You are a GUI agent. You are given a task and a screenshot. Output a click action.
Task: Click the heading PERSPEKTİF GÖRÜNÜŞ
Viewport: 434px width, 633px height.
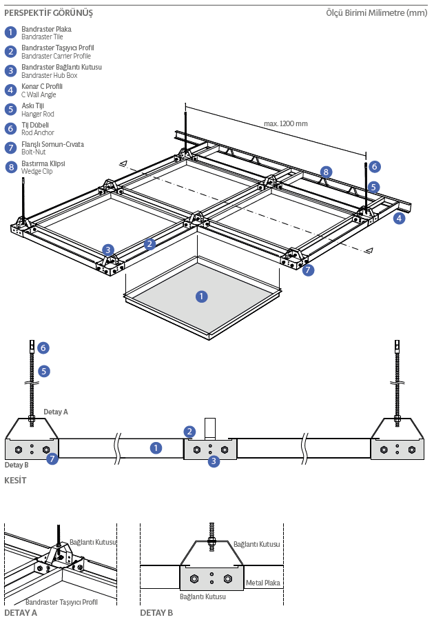click(48, 13)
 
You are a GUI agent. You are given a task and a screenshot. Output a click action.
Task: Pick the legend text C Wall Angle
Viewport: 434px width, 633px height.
click(39, 94)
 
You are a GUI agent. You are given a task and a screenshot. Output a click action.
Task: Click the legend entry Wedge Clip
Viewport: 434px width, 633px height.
click(37, 171)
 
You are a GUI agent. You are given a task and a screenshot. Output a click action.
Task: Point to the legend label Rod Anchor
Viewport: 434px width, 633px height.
click(37, 132)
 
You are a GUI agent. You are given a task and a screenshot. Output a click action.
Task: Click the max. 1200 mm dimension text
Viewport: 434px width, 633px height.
click(285, 124)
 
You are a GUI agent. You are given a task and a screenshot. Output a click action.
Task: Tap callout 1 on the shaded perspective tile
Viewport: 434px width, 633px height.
click(201, 297)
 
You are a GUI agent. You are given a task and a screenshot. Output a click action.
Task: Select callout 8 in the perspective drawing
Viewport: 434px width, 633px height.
click(326, 172)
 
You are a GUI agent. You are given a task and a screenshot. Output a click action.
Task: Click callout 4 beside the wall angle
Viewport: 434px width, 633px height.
click(399, 219)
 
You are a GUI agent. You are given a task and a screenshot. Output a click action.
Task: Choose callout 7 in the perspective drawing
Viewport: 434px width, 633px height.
click(308, 270)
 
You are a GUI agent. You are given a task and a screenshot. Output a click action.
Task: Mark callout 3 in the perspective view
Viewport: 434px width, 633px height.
click(108, 250)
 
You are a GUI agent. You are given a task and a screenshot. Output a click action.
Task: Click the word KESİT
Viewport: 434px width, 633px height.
click(15, 481)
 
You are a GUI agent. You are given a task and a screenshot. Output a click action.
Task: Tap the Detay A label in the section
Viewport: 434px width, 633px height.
click(56, 412)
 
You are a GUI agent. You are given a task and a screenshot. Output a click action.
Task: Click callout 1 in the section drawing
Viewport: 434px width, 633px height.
click(156, 448)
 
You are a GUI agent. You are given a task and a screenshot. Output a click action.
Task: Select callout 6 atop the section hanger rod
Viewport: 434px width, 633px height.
click(43, 348)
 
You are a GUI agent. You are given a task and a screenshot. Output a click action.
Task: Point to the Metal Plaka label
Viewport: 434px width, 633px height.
click(263, 583)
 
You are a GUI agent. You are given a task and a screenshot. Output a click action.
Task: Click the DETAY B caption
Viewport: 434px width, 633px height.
click(156, 612)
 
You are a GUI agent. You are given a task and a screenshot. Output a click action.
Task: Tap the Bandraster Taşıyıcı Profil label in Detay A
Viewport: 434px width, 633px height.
click(61, 602)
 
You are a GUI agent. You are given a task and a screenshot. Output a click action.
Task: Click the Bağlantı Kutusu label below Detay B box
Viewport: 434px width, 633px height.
click(203, 596)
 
